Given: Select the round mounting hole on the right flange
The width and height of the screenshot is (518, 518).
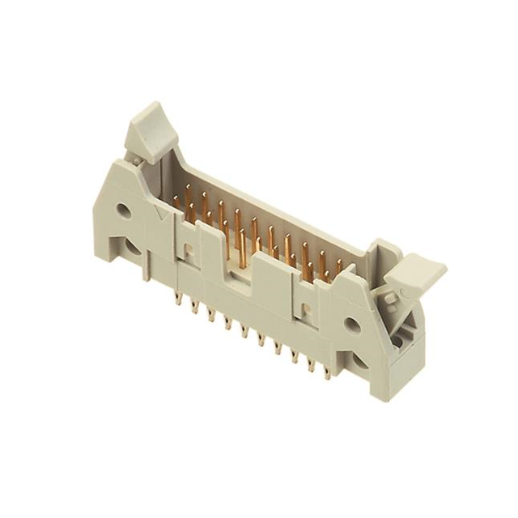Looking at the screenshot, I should point(350,325).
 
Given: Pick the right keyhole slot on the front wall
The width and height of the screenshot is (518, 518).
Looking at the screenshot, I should point(306,310).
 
